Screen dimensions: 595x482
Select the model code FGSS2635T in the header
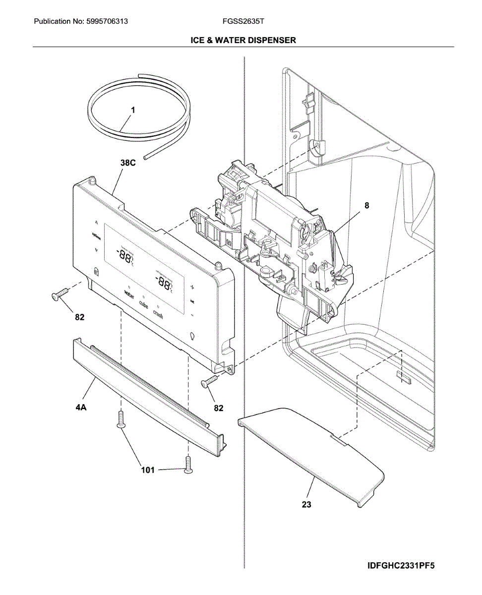pyautogui.click(x=243, y=22)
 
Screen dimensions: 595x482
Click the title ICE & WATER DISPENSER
pyautogui.click(x=243, y=40)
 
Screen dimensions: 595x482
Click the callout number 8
pyautogui.click(x=366, y=205)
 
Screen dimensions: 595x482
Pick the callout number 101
pyautogui.click(x=148, y=470)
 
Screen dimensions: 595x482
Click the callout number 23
pyautogui.click(x=307, y=504)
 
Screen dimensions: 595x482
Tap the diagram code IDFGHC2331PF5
pyautogui.click(x=401, y=566)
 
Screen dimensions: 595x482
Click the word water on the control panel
pyautogui.click(x=128, y=295)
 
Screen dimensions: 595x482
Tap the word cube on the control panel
pyautogui.click(x=143, y=304)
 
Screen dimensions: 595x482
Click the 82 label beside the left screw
pyautogui.click(x=80, y=317)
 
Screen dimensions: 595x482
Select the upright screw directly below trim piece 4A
pyautogui.click(x=120, y=419)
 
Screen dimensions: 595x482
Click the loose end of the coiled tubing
pyautogui.click(x=144, y=157)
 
